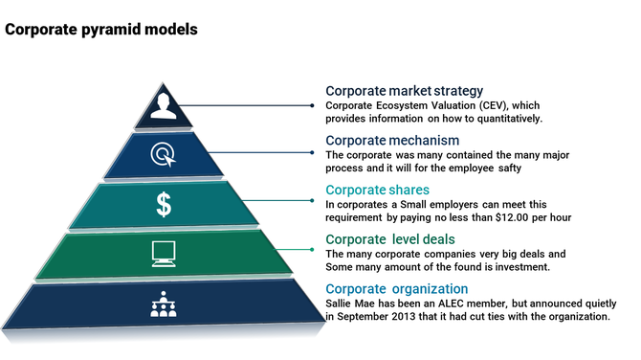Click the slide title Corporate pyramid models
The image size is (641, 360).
point(101,30)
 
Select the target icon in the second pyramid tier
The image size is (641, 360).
point(162,153)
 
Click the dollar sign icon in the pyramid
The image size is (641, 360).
point(164,204)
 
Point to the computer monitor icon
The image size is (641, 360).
point(163,254)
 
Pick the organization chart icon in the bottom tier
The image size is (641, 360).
point(164,304)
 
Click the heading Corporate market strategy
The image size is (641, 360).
point(404,91)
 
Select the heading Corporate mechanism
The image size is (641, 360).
point(386,140)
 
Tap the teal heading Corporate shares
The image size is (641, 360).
point(377,190)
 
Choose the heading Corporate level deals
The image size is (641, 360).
point(388,239)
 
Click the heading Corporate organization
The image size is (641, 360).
point(397,289)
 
